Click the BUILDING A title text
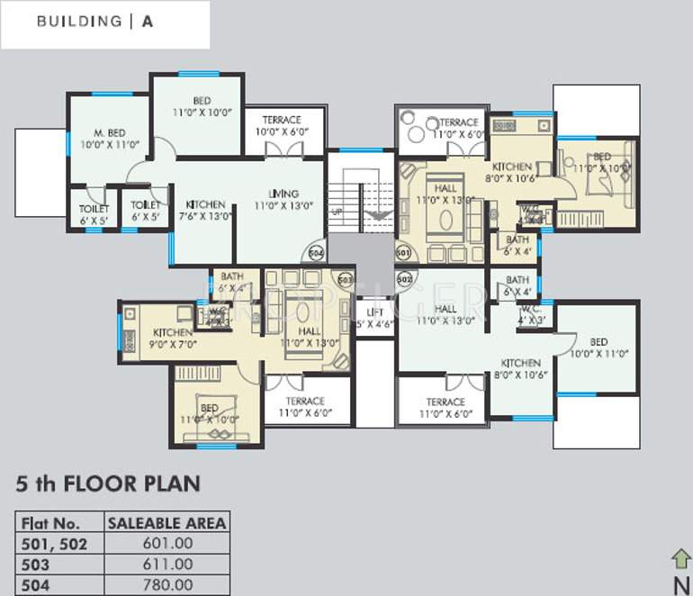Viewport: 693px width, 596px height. (x=94, y=22)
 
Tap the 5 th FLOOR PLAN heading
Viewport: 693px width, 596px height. (x=107, y=484)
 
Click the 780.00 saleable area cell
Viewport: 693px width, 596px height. (x=166, y=585)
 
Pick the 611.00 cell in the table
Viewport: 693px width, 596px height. (x=166, y=564)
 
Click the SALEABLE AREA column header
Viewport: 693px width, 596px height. (x=166, y=523)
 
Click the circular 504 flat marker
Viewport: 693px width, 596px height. (x=316, y=254)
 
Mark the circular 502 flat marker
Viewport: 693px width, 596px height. (x=403, y=279)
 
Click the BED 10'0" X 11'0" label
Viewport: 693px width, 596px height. (x=598, y=348)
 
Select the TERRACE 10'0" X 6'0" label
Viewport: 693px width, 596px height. (x=281, y=125)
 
